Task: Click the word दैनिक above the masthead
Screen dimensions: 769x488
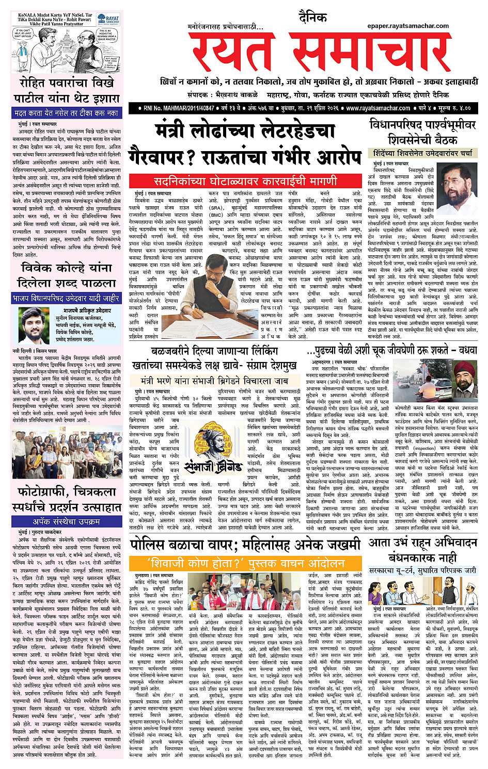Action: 312,18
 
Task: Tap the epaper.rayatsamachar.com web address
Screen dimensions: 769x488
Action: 408,25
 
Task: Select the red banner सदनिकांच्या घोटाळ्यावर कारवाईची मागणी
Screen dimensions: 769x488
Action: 245,181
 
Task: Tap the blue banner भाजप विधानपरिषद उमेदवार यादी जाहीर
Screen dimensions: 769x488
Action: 67,298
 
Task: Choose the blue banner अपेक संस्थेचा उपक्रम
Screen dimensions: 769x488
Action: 67,522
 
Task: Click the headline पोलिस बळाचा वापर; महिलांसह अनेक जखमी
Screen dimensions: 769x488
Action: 245,544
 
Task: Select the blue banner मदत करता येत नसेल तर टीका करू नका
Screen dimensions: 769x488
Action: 67,113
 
